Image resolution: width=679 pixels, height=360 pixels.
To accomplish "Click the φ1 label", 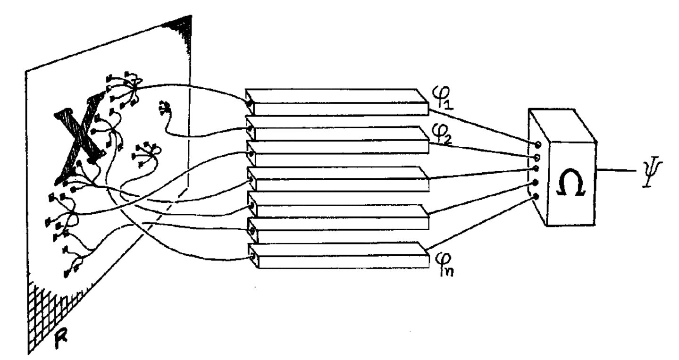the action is (444, 97).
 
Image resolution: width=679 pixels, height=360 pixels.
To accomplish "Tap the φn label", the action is (444, 264).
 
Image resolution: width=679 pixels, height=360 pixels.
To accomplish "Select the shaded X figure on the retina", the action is (79, 139).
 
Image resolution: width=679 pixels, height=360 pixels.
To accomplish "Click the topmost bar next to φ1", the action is (337, 102).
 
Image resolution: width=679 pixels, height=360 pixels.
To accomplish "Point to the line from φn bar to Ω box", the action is (480, 223).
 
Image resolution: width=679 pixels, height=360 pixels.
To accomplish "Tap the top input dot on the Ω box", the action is (538, 144).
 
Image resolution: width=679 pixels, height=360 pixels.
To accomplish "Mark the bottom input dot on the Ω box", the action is (536, 196).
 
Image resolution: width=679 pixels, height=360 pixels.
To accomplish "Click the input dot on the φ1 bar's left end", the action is (250, 103).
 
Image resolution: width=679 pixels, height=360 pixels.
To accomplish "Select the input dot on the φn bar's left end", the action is (252, 257).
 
